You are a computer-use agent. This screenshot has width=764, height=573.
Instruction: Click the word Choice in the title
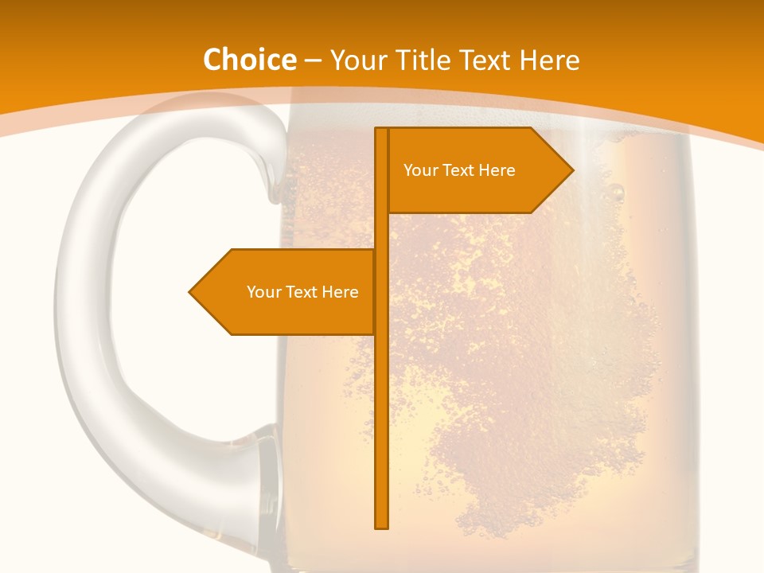click(249, 60)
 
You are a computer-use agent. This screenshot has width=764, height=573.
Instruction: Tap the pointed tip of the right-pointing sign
click(571, 170)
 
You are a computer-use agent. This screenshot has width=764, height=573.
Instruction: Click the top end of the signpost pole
click(381, 130)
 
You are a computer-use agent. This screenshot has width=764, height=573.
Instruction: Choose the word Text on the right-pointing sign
click(459, 170)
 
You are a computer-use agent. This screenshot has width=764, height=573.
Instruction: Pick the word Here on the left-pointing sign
click(340, 292)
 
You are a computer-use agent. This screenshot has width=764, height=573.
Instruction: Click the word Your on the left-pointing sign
click(263, 292)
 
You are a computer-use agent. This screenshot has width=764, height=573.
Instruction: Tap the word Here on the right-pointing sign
click(497, 170)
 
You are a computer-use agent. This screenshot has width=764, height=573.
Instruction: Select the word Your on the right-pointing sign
click(420, 170)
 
